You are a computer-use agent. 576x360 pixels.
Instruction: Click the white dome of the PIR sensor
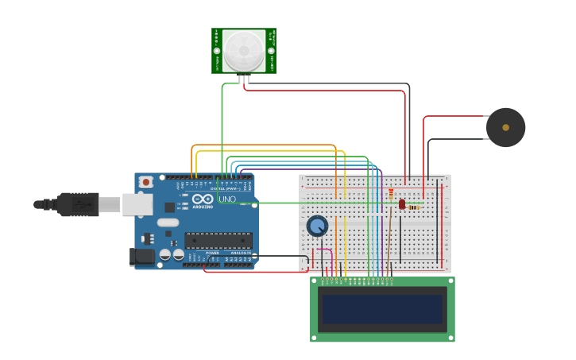click(x=244, y=50)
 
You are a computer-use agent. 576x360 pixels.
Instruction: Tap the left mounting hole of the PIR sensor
click(x=217, y=51)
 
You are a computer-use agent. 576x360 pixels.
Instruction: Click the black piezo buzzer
click(x=505, y=127)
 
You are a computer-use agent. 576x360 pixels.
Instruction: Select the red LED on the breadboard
click(x=402, y=204)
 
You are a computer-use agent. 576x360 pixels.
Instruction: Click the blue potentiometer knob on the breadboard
click(x=317, y=226)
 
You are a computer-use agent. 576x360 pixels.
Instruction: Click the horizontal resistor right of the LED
click(x=414, y=207)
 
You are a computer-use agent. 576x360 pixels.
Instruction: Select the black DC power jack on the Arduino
click(x=142, y=256)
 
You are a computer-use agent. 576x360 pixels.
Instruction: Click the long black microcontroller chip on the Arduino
click(x=218, y=240)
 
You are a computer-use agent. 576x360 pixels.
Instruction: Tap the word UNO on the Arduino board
click(x=227, y=199)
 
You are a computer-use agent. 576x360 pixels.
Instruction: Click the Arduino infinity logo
click(x=203, y=199)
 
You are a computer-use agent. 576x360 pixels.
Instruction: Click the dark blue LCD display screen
click(x=381, y=309)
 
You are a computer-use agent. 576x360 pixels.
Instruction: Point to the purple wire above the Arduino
click(x=318, y=168)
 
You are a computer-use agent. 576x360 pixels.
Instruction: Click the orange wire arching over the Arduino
click(x=262, y=145)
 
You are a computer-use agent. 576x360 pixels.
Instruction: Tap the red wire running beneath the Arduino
click(x=254, y=272)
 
